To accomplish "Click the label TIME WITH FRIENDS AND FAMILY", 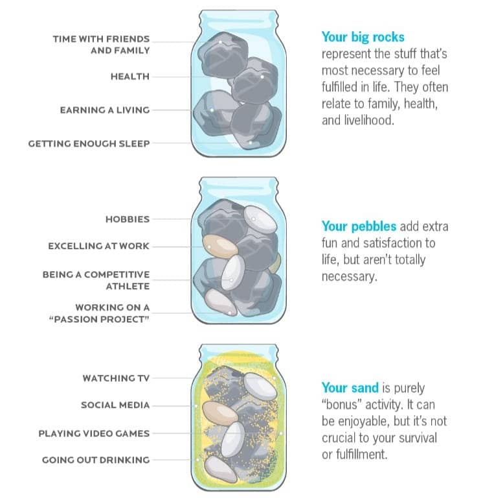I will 102,45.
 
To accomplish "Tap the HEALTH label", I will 130,77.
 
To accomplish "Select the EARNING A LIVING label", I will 105,110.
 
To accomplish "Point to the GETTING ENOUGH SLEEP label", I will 89,143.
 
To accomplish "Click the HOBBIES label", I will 128,219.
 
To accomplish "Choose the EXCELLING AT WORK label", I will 99,246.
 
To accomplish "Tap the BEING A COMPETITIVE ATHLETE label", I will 96,280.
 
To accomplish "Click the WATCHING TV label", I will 116,377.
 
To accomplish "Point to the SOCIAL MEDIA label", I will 115,405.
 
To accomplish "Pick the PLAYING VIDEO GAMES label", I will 94,433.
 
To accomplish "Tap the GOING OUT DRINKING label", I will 96,460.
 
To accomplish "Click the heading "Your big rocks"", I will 363,37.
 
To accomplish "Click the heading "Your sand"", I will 349,388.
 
